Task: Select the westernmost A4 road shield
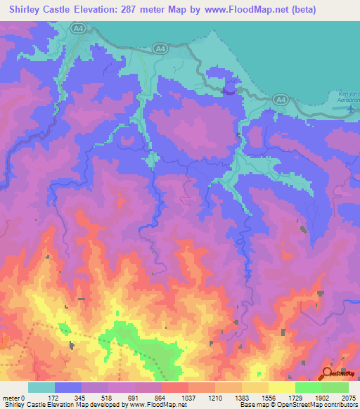pos(77,28)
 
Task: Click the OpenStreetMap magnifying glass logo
pos(328,373)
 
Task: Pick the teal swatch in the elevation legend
pos(41,387)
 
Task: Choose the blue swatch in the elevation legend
pos(67,387)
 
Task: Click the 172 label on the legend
pos(54,398)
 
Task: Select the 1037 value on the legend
pos(188,398)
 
